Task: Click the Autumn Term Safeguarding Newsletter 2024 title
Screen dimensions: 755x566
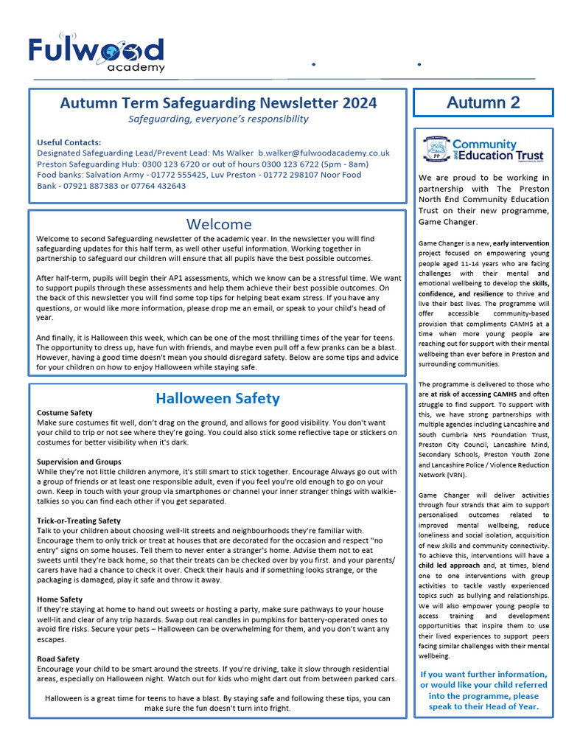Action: pos(218,103)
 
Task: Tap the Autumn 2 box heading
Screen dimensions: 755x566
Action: pos(483,102)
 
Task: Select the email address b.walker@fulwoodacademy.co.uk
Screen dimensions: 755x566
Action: pos(324,153)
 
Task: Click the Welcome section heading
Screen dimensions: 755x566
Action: pos(218,224)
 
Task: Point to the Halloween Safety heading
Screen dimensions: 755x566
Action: pos(217,399)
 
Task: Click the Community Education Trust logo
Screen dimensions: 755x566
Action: pos(483,150)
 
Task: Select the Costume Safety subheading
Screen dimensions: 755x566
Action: pos(65,413)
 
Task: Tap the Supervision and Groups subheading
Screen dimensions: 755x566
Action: pos(79,462)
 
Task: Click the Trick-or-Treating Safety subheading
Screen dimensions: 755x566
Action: pos(79,521)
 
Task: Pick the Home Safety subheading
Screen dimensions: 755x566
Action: pos(60,599)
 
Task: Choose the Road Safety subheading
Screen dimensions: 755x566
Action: pos(58,658)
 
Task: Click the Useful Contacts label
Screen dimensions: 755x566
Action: pos(69,142)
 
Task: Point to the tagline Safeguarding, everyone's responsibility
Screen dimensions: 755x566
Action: pos(218,119)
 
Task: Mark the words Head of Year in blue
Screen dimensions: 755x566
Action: pos(514,706)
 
